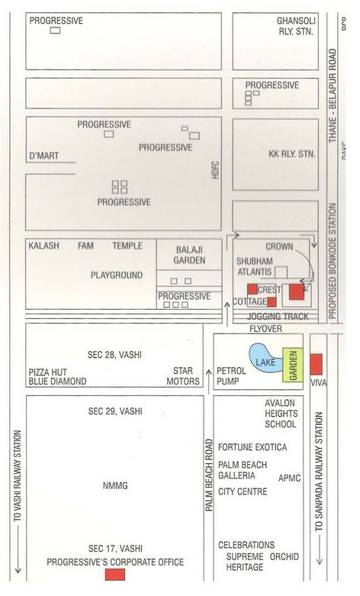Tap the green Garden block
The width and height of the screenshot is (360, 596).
tap(291, 364)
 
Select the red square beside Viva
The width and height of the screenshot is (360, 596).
tap(316, 363)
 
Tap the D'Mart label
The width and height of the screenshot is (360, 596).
tap(43, 156)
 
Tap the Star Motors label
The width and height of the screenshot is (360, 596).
tap(183, 375)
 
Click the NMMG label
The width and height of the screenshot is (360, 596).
tap(115, 485)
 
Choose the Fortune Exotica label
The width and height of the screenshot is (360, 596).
tap(252, 447)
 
